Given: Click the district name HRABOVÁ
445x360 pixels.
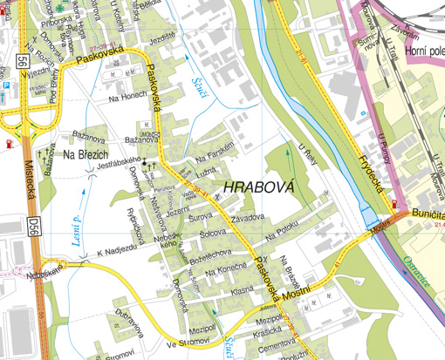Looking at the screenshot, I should tap(259, 187).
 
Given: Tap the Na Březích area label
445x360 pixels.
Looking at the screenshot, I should tap(85, 154).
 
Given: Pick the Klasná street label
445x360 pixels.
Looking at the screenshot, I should tap(243, 289).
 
